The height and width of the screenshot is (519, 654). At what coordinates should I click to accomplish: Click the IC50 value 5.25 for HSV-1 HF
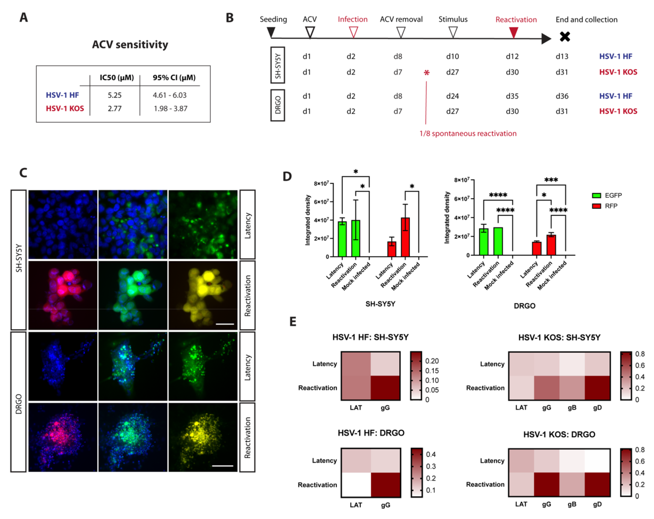pyautogui.click(x=114, y=95)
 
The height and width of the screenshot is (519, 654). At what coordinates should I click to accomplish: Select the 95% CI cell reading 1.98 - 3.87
pyautogui.click(x=170, y=108)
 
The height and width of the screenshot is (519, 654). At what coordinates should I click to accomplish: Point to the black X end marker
pyautogui.click(x=565, y=37)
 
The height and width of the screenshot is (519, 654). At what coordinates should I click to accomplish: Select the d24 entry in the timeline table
pyautogui.click(x=452, y=96)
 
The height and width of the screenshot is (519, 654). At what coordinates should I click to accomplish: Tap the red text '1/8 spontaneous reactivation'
pyautogui.click(x=468, y=133)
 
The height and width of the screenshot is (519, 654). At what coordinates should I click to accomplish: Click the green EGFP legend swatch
pyautogui.click(x=596, y=196)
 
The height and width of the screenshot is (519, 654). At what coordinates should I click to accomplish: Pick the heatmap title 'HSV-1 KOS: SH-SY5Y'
pyautogui.click(x=559, y=337)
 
